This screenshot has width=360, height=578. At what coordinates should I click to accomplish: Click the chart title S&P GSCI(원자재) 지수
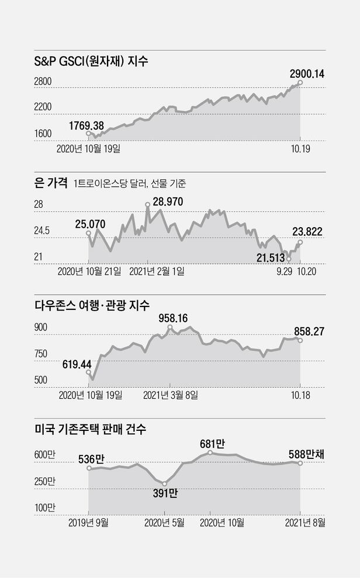point(92,60)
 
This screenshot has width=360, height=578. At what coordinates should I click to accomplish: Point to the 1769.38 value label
point(86,125)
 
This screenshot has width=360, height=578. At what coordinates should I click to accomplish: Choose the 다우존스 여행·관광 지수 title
point(92,305)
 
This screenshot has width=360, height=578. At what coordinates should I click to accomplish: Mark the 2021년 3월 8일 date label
point(171,395)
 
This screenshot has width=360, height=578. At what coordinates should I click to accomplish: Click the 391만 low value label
point(164,493)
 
